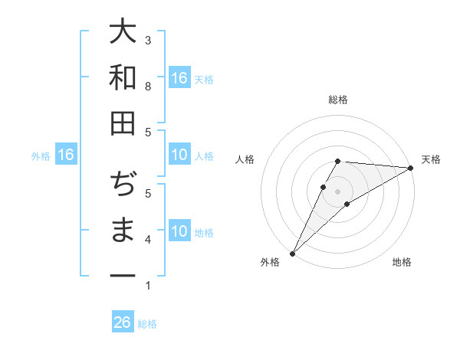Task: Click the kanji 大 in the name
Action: point(123,32)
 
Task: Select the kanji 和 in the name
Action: point(123,77)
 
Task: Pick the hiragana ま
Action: point(123,231)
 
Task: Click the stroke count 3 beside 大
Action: point(148,40)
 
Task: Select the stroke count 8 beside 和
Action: point(148,86)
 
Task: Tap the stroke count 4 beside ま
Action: point(148,241)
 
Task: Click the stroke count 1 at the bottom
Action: point(148,286)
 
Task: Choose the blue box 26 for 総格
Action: point(123,322)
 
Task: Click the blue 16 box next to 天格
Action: point(179,78)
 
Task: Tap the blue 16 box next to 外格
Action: point(66,155)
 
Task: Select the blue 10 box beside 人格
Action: point(179,155)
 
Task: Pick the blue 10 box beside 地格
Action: point(179,232)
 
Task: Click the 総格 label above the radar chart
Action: point(338,100)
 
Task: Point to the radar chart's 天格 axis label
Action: point(431,159)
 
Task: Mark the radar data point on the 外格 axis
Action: point(292,253)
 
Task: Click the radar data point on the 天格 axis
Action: point(411,167)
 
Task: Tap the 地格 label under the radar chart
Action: point(402,262)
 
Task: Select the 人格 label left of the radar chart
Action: point(245,159)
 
